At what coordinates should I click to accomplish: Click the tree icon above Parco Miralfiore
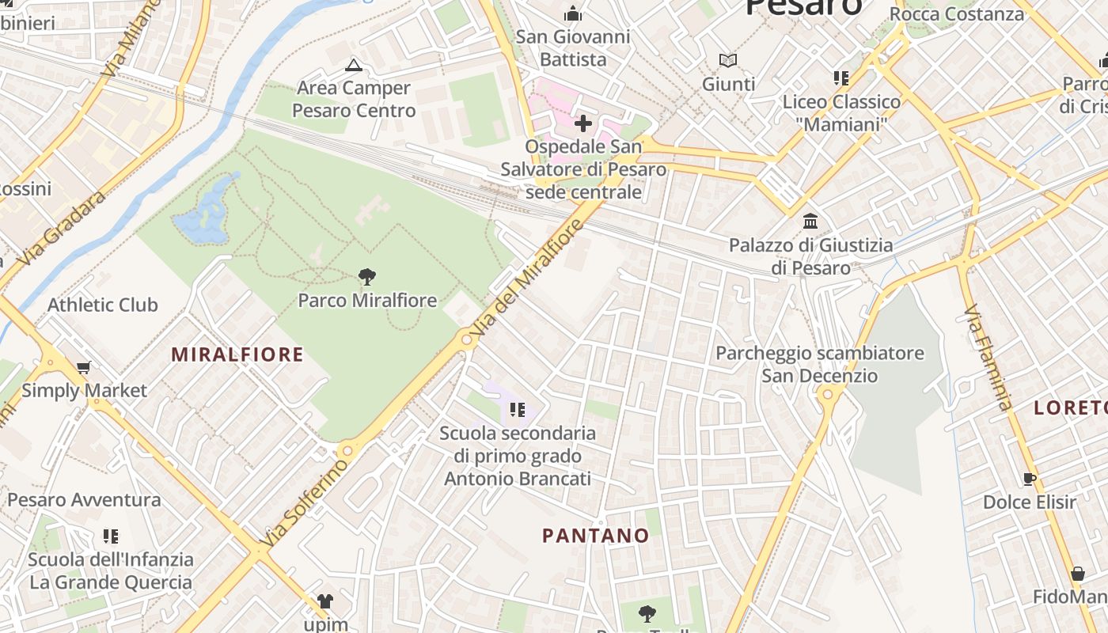[366, 276]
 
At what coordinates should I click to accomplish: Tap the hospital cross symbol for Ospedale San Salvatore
[583, 123]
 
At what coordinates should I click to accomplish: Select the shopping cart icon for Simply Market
[83, 367]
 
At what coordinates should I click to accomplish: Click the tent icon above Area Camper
[353, 65]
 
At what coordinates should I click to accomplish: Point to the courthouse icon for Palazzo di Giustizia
[810, 221]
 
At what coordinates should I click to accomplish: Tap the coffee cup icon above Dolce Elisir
[1029, 478]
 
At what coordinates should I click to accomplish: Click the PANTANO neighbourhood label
[595, 536]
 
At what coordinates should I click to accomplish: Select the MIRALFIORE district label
[237, 354]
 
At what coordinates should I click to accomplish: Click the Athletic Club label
[103, 305]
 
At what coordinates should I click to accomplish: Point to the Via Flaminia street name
[988, 358]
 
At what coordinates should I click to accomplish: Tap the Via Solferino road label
[305, 502]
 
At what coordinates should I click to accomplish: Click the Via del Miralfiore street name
[528, 279]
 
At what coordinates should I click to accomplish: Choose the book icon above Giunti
[727, 60]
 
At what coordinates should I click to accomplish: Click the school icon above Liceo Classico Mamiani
[840, 78]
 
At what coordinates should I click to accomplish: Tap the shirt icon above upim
[324, 601]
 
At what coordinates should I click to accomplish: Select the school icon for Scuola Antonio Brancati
[517, 409]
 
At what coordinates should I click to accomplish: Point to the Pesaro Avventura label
[84, 500]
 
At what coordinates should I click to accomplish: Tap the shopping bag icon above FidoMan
[1077, 573]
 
